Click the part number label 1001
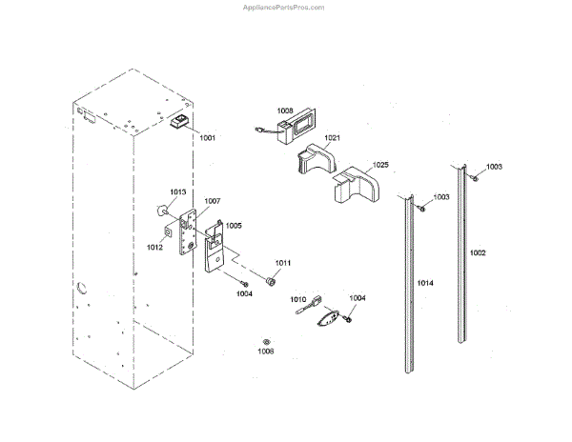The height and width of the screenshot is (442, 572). pyautogui.click(x=207, y=137)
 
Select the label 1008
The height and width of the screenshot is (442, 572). pyautogui.click(x=286, y=110)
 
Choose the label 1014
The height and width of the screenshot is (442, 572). pyautogui.click(x=425, y=284)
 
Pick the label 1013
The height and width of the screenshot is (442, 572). pyautogui.click(x=178, y=191)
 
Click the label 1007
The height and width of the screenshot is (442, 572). pyautogui.click(x=212, y=201)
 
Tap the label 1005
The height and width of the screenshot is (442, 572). pyautogui.click(x=234, y=226)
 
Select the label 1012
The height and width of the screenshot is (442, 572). pyautogui.click(x=154, y=247)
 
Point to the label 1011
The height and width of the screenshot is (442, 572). pyautogui.click(x=283, y=262)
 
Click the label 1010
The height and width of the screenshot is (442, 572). pyautogui.click(x=298, y=299)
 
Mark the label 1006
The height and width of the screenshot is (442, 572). pyautogui.click(x=266, y=352)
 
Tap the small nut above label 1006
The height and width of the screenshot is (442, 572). pyautogui.click(x=267, y=339)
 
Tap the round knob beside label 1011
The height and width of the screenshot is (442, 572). pyautogui.click(x=270, y=279)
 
